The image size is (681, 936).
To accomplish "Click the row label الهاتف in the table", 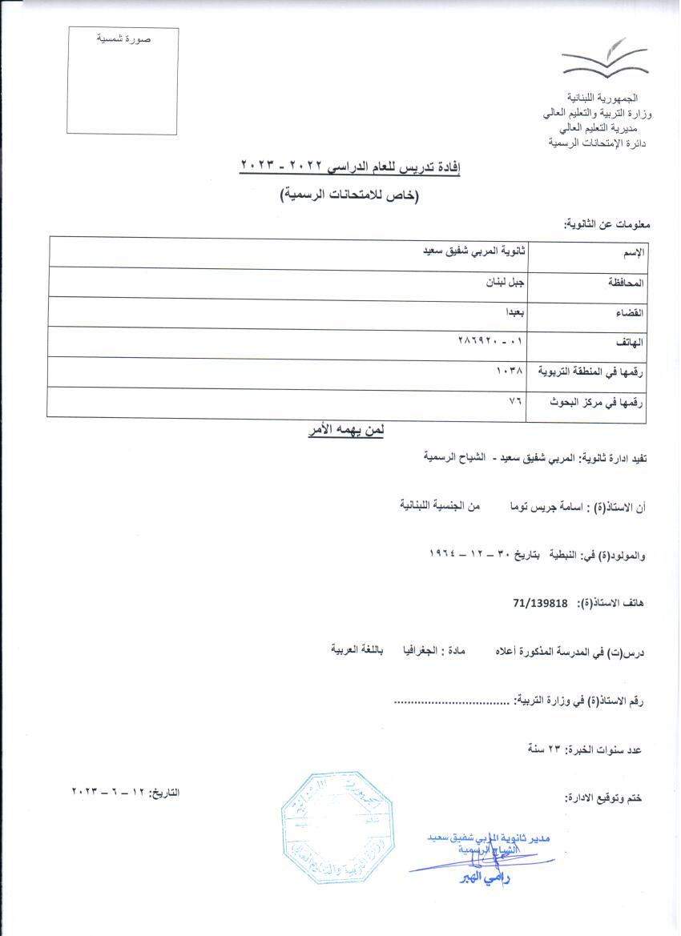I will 633,342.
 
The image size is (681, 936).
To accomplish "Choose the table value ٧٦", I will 514,401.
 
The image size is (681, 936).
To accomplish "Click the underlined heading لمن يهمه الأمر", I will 346,432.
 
